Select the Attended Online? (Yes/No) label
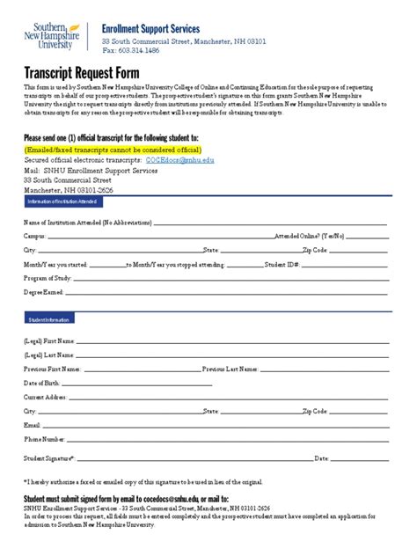click(309, 237)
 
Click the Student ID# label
click(303, 264)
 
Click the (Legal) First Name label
click(49, 340)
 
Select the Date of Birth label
click(41, 383)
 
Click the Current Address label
click(45, 397)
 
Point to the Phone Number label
click(44, 439)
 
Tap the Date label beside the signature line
click(321, 458)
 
